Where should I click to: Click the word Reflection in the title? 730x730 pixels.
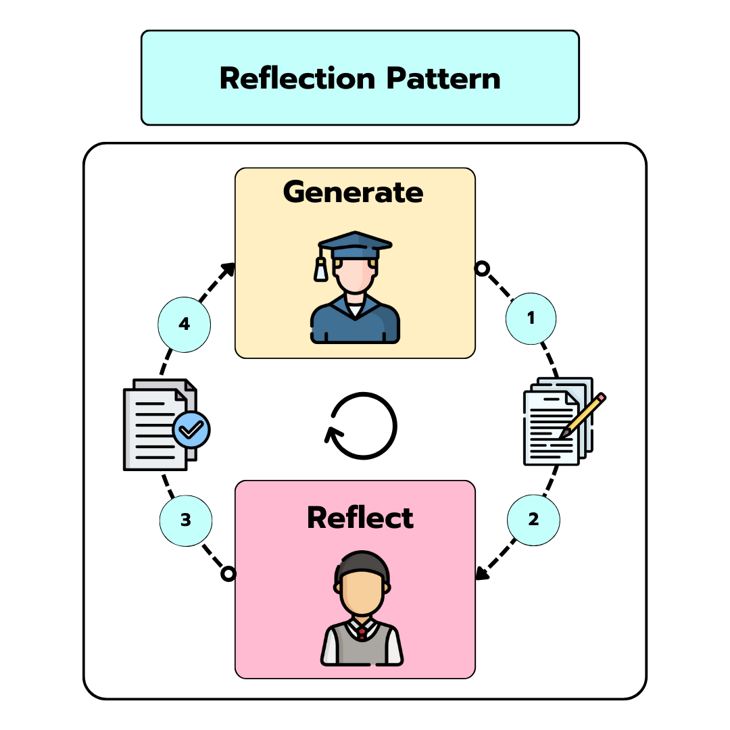click(x=298, y=78)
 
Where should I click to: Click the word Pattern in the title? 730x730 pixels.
click(x=443, y=78)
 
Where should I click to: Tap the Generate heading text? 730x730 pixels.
click(x=354, y=192)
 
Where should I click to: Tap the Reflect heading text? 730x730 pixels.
click(x=360, y=518)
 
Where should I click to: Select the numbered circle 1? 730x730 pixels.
click(x=531, y=318)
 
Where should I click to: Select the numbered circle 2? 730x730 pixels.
click(x=533, y=520)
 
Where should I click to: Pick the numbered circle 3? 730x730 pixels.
click(x=186, y=520)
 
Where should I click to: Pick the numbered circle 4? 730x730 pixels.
click(x=184, y=324)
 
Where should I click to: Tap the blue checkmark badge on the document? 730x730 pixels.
click(x=192, y=429)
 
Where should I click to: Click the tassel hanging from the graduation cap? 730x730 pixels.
click(x=320, y=270)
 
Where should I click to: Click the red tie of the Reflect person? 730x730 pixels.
click(x=362, y=633)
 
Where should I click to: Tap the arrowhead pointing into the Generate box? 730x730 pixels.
click(x=229, y=268)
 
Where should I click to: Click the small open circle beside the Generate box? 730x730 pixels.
click(x=481, y=268)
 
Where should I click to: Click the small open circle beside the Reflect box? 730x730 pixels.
click(x=228, y=574)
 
